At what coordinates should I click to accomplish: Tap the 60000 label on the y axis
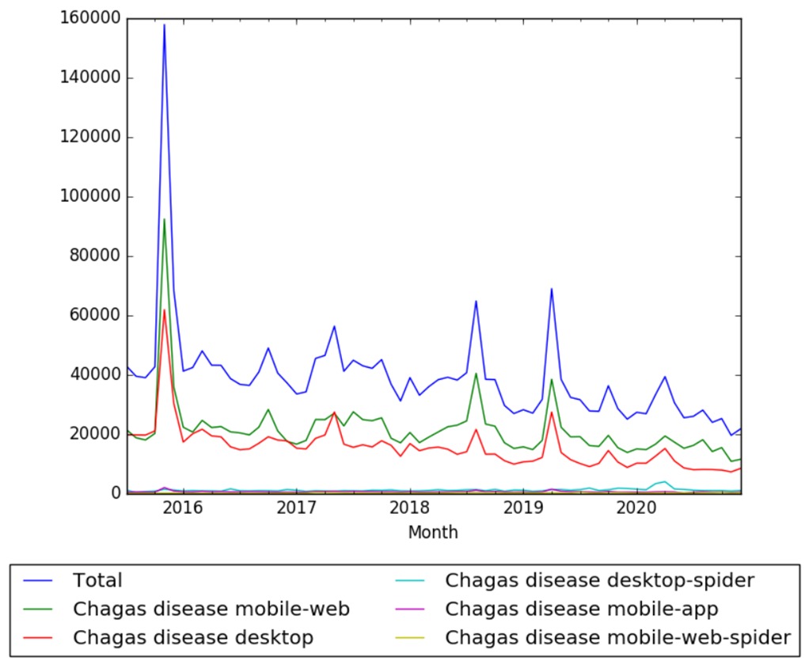[90, 316]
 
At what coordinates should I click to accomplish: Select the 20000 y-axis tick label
[90, 435]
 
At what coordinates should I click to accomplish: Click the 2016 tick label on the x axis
[182, 507]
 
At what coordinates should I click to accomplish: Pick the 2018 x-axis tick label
[409, 507]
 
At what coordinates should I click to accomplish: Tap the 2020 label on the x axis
[636, 507]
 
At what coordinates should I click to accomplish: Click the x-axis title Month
[433, 533]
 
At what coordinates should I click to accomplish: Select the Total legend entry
[97, 580]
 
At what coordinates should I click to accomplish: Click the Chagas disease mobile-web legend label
[211, 609]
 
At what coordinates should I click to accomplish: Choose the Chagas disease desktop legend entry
[193, 636]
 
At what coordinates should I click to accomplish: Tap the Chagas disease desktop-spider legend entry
[600, 580]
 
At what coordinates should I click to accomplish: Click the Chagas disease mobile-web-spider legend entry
[618, 636]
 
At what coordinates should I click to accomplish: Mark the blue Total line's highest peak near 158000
[164, 25]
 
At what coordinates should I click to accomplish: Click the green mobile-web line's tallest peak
[164, 219]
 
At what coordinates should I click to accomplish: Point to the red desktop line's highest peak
[164, 310]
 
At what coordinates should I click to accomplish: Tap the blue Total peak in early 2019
[551, 289]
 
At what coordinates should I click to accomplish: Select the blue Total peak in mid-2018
[476, 301]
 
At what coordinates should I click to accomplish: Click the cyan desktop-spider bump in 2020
[664, 481]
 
